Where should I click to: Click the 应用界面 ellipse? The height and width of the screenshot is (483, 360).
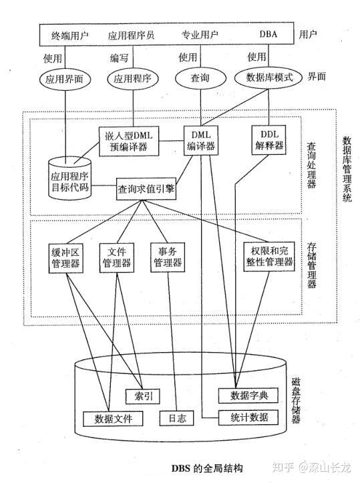coord(65,77)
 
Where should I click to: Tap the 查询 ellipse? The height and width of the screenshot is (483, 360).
coord(200,77)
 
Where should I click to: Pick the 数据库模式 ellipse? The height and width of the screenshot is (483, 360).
coord(267,77)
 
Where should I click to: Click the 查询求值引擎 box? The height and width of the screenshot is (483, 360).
coord(146,189)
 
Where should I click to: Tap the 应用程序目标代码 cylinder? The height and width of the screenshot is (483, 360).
coord(70,176)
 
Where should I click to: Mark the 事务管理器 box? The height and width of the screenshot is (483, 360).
coord(168,257)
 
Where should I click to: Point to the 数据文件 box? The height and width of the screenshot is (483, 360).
coord(113,418)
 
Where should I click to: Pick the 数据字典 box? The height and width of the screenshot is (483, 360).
coord(247,395)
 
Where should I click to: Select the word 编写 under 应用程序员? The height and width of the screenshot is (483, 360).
coord(120,57)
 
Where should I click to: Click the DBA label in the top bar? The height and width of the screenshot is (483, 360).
coord(266,33)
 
